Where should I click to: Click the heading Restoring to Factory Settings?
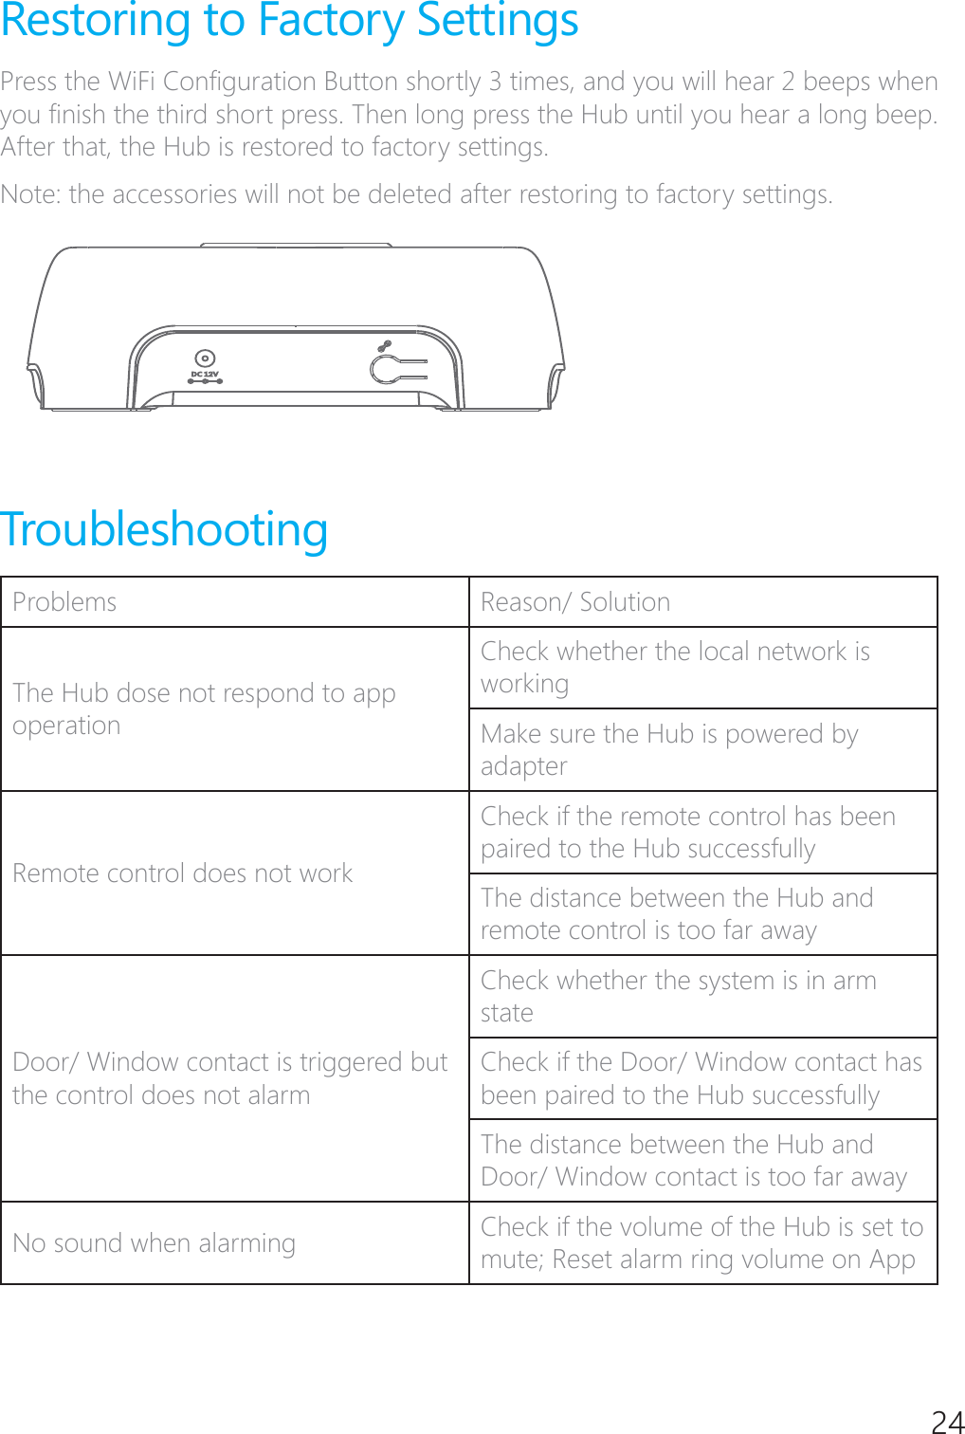coord(289,21)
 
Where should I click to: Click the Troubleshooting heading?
coord(164,529)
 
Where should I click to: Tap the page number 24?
coord(947,1420)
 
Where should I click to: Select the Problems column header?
coord(64,602)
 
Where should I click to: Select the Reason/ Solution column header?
coord(575,602)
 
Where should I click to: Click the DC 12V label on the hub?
coord(205,375)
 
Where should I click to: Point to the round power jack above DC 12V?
coord(205,358)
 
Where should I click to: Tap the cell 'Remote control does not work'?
coord(183,873)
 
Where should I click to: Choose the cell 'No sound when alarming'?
coord(155,1243)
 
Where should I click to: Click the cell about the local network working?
coord(675,668)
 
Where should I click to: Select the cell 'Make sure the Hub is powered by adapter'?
coord(669,749)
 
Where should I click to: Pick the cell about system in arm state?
coord(678,996)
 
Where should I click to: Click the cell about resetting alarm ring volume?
coord(701,1243)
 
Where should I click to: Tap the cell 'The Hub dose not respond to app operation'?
coord(204,709)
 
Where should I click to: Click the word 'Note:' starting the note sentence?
coord(31,194)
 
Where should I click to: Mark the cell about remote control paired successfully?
coord(687,832)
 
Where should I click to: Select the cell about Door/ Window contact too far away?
coord(693,1161)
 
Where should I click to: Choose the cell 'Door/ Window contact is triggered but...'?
coord(229,1078)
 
